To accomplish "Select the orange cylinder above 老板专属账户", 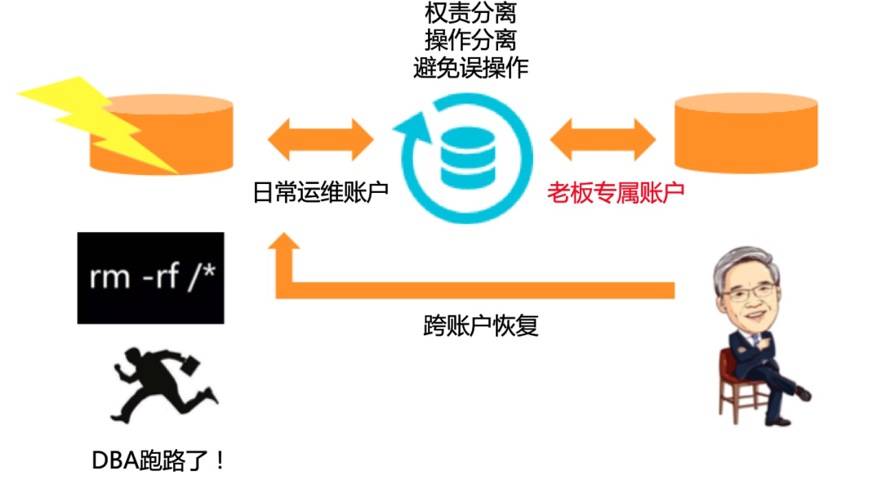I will point(746,133).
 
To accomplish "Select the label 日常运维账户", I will point(320,193).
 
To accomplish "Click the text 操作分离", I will point(470,40).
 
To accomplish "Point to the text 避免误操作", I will point(470,67).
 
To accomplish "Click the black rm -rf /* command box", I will point(151,277).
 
